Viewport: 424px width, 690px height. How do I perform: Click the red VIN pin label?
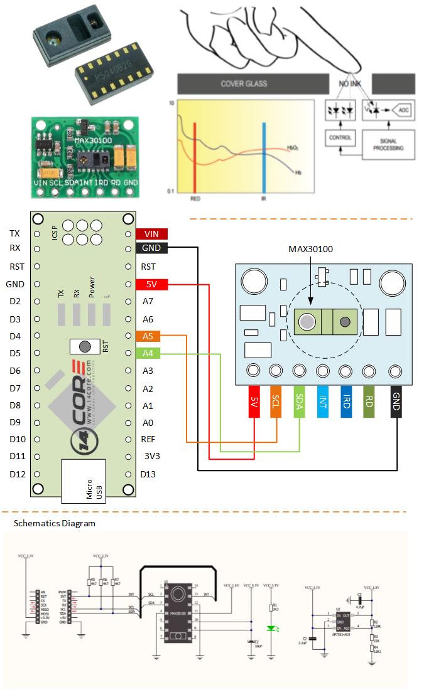[x=151, y=233]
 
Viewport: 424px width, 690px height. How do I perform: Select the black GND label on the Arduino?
[x=151, y=248]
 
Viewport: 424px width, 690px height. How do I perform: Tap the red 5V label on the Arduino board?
[x=151, y=284]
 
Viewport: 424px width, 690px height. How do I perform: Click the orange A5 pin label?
[x=148, y=336]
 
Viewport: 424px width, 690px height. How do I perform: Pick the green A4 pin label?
[x=148, y=354]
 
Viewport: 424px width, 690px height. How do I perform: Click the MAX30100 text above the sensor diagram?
[x=310, y=249]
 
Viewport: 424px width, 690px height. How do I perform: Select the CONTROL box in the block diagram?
[x=340, y=137]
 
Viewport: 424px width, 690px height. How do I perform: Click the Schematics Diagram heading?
[x=55, y=523]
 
